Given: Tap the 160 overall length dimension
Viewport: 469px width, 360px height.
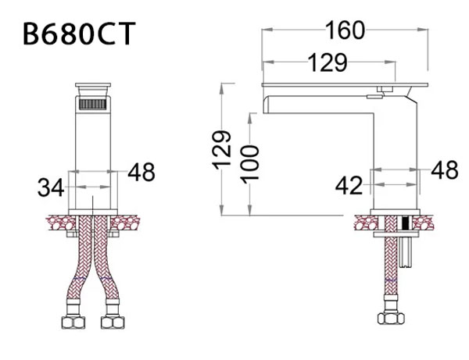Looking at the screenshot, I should coord(345,30).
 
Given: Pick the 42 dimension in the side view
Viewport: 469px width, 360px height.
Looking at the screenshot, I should coord(349,185).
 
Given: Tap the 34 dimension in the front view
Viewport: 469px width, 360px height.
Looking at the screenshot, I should coord(52,187).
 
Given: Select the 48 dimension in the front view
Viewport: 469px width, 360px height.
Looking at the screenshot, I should coord(140,170).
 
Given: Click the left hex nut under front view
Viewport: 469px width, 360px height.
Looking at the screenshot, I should coord(73,322).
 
